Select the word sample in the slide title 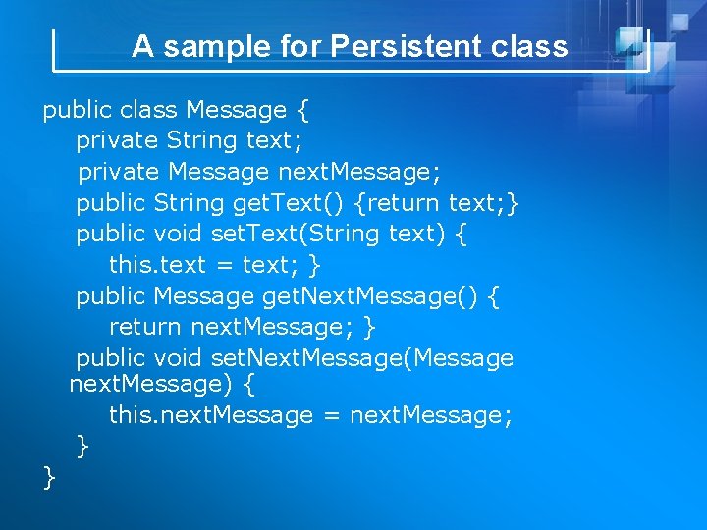(204, 46)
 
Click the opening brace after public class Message (301, 110)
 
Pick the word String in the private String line (201, 140)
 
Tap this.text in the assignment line (157, 265)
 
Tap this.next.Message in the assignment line (210, 415)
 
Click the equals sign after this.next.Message (331, 415)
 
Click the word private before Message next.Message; (118, 172)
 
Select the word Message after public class (237, 110)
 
